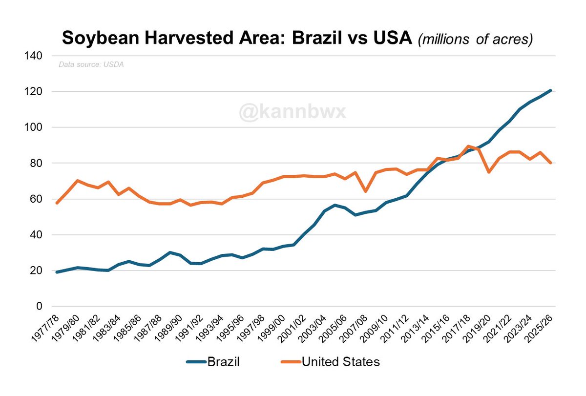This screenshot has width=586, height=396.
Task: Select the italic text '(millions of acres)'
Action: pos(475,39)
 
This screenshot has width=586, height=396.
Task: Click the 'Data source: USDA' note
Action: pos(91,64)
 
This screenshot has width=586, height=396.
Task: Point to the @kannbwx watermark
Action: pos(293,112)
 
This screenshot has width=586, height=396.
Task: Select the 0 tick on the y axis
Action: pos(42,307)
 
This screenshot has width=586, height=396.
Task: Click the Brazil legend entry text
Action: pos(224,362)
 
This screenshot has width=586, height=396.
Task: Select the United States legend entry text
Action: pos(341,362)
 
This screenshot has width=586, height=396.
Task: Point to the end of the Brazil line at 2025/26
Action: pos(550,90)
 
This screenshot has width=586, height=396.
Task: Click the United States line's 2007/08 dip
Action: pos(366,191)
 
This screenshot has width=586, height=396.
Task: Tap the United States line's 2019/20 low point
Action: pos(489,172)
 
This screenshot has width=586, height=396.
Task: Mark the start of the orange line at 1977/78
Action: pos(57,203)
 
